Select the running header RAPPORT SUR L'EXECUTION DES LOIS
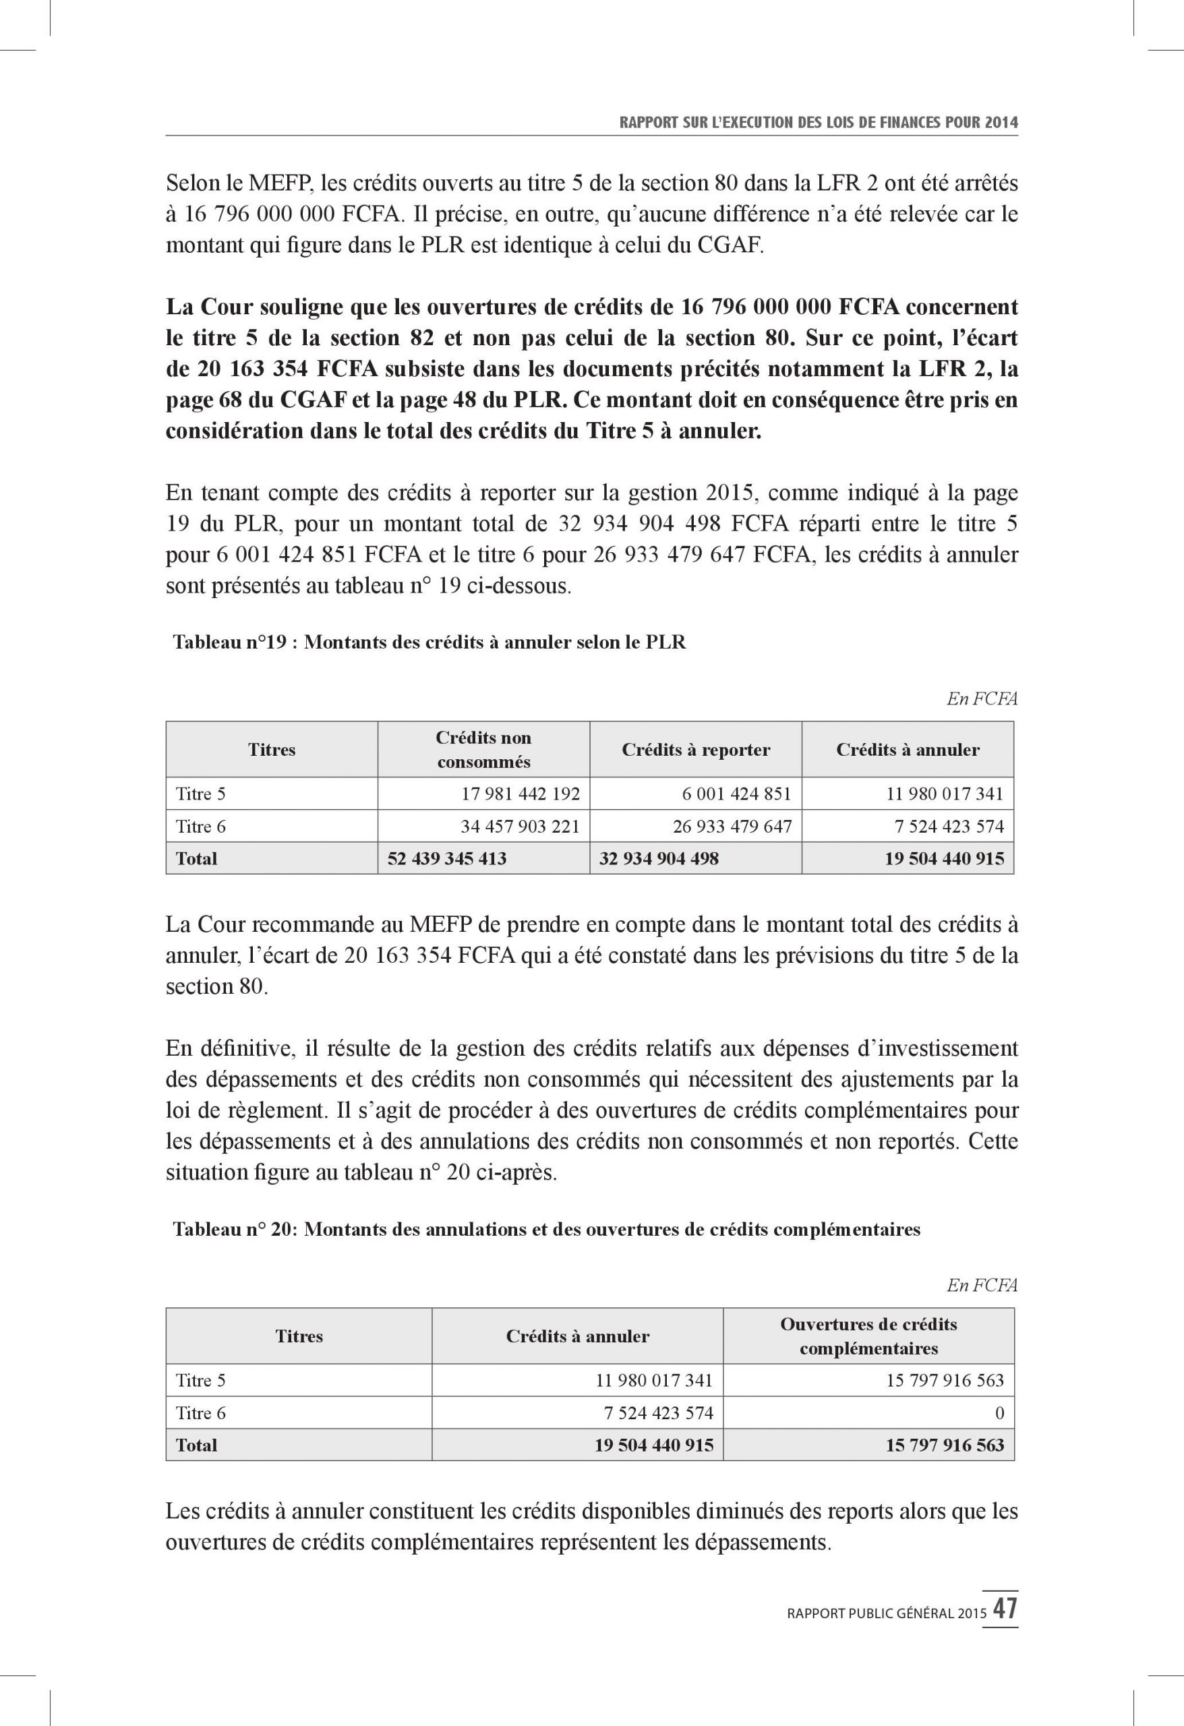tap(818, 123)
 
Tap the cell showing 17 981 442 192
tap(520, 794)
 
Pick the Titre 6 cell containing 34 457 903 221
tap(520, 826)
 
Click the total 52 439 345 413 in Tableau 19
tap(447, 858)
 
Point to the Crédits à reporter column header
tap(695, 750)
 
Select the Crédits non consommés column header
tap(483, 750)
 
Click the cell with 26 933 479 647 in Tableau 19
tap(732, 826)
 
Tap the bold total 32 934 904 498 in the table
tap(659, 858)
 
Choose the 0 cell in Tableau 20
tap(999, 1412)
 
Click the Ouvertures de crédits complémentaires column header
tap(868, 1336)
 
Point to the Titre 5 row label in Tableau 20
tap(200, 1381)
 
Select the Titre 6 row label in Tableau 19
tap(200, 826)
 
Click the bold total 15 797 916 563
tap(944, 1446)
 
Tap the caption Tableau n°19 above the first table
tap(430, 643)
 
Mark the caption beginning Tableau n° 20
tap(546, 1229)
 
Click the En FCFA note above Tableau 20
tap(981, 1286)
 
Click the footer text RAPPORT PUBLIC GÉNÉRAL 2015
tap(886, 1613)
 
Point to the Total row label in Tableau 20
tap(196, 1446)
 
